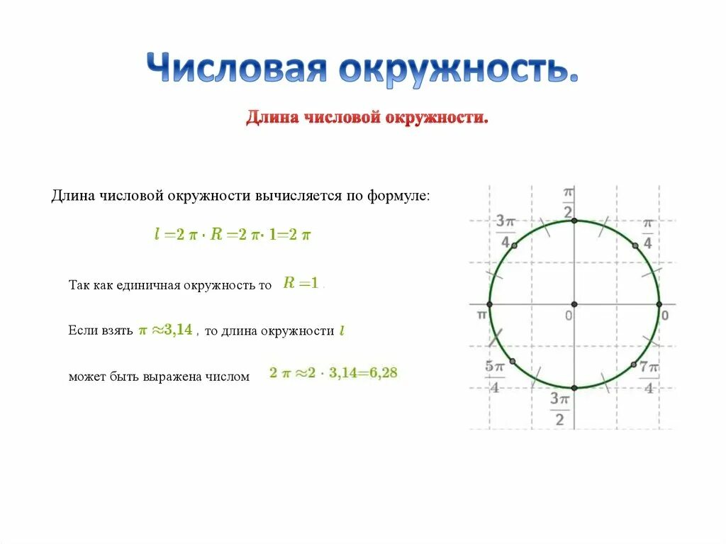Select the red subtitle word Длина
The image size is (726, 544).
coord(272,117)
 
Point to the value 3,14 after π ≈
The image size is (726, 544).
coord(179,330)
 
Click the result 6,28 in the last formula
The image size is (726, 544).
coord(384,373)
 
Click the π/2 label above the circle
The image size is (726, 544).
coord(568,203)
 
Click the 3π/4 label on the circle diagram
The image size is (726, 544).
coord(506,231)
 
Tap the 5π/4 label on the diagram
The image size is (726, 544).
coord(494,376)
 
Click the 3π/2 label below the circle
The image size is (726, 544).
coord(559,409)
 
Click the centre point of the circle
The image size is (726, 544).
coord(574,304)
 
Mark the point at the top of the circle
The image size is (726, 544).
coord(574,221)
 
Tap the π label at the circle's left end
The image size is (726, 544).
coord(481,313)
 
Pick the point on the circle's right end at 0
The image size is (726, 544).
coord(659,304)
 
